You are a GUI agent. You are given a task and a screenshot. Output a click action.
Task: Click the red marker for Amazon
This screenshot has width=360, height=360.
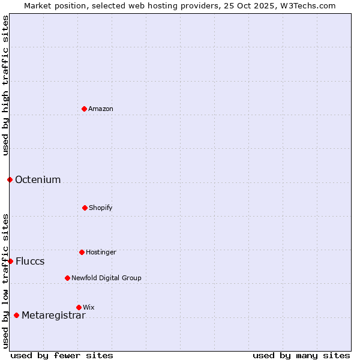click(x=85, y=109)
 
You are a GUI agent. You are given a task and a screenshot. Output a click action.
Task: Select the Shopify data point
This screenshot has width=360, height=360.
click(x=85, y=208)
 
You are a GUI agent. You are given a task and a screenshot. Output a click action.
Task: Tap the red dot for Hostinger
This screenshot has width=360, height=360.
click(x=82, y=252)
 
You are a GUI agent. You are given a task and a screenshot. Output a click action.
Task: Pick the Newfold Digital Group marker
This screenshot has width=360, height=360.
click(x=67, y=278)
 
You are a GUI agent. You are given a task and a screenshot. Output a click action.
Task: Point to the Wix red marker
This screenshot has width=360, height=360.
click(x=79, y=307)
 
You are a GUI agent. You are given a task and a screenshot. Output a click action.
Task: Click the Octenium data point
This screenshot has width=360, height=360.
click(x=10, y=179)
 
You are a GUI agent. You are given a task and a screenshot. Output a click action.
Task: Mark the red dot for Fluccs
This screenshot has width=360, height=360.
click(x=10, y=261)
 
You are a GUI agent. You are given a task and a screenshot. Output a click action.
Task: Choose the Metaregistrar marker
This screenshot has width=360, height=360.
click(x=16, y=315)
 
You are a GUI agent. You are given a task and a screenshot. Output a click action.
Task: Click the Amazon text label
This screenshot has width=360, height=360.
click(x=101, y=109)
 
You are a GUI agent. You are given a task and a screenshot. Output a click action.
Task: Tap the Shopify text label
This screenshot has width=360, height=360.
click(x=101, y=208)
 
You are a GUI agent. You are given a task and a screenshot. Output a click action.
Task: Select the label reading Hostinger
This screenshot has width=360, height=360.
click(x=101, y=253)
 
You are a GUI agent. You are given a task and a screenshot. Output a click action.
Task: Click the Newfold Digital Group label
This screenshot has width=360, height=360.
click(x=106, y=278)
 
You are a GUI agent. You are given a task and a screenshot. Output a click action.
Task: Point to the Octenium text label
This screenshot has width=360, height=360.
click(x=38, y=180)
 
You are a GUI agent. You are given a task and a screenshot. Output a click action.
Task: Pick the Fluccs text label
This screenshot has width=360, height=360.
click(x=30, y=262)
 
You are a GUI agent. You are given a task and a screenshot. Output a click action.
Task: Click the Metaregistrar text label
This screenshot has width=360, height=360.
click(x=53, y=316)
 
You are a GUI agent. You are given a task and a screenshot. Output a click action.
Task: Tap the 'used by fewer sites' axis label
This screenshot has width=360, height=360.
click(x=62, y=355)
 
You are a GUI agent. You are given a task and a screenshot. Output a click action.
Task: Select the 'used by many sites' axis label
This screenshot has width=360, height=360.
click(x=301, y=355)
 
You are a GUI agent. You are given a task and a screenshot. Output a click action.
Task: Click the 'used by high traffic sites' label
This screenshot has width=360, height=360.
click(x=5, y=85)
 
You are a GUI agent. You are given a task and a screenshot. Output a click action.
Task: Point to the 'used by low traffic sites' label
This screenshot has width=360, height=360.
click(x=5, y=281)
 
